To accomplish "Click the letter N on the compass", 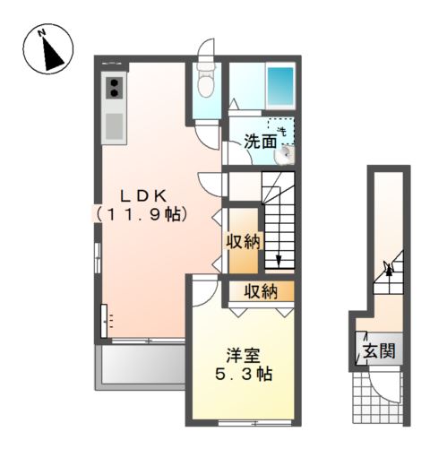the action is (41, 32).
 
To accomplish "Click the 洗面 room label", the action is (261, 142).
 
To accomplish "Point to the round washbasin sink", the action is (285, 154).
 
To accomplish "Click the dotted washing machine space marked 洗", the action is (281, 132).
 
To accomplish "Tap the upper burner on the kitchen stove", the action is (115, 83).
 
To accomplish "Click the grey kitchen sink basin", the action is (114, 126).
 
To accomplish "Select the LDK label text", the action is (143, 196).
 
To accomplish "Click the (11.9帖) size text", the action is (142, 214).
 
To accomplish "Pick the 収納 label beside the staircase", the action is (244, 241).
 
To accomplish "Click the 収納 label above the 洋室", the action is (261, 291).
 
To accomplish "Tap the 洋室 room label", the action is (243, 356).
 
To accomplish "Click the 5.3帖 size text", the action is (244, 374).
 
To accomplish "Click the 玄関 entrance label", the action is (379, 350).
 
